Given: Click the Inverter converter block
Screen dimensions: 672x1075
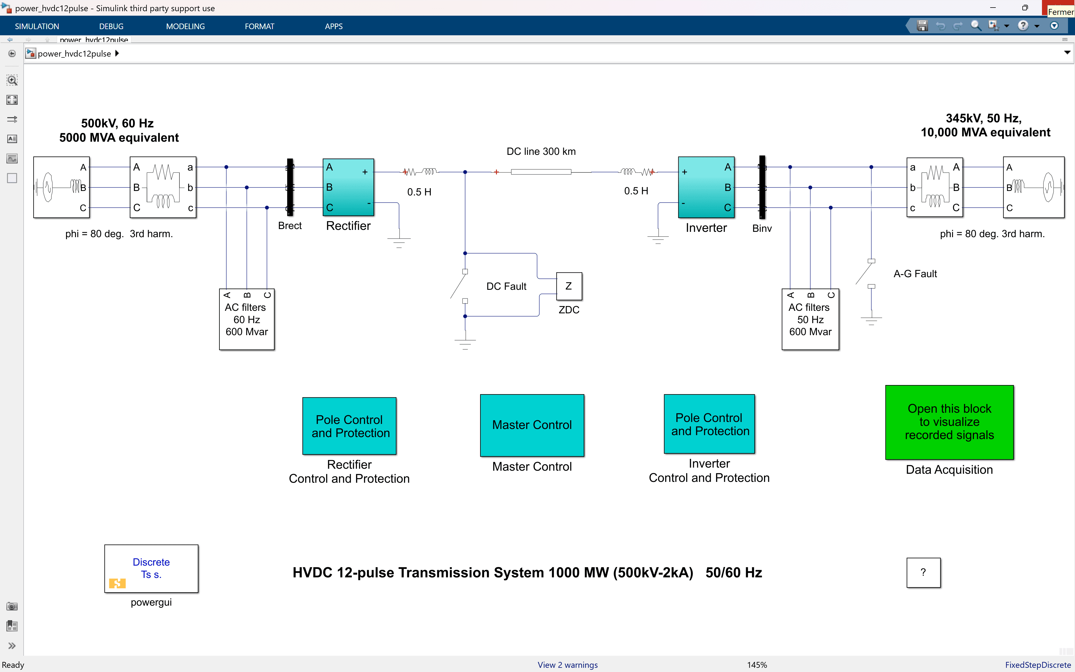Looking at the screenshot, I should click(x=706, y=187).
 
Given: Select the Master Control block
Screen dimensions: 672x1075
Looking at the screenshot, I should click(x=532, y=425).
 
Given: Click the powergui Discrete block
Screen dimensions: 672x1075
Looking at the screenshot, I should click(x=151, y=568).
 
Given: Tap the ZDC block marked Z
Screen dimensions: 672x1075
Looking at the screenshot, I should click(x=569, y=286).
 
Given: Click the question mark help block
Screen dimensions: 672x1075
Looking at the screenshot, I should click(x=923, y=572).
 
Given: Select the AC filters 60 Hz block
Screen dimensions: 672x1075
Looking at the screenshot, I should click(x=247, y=319).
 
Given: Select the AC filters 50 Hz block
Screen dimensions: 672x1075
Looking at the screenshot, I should click(x=810, y=319).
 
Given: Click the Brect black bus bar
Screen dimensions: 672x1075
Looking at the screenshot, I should click(x=290, y=187).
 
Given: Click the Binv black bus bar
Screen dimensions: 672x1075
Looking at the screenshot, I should click(x=762, y=187).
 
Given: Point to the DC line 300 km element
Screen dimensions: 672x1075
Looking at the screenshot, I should click(x=541, y=172).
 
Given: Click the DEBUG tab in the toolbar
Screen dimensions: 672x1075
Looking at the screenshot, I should click(x=111, y=26).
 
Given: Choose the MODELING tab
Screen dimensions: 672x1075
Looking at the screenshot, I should click(x=185, y=26).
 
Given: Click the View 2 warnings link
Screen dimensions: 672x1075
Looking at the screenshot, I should click(x=567, y=665).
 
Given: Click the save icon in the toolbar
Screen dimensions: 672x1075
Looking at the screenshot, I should click(x=922, y=26).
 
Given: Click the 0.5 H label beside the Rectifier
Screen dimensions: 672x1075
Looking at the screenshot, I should click(x=419, y=192).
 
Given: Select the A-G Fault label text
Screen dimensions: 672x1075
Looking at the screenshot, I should click(x=915, y=274).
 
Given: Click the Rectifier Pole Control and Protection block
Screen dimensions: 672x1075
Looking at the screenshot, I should click(x=349, y=426).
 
